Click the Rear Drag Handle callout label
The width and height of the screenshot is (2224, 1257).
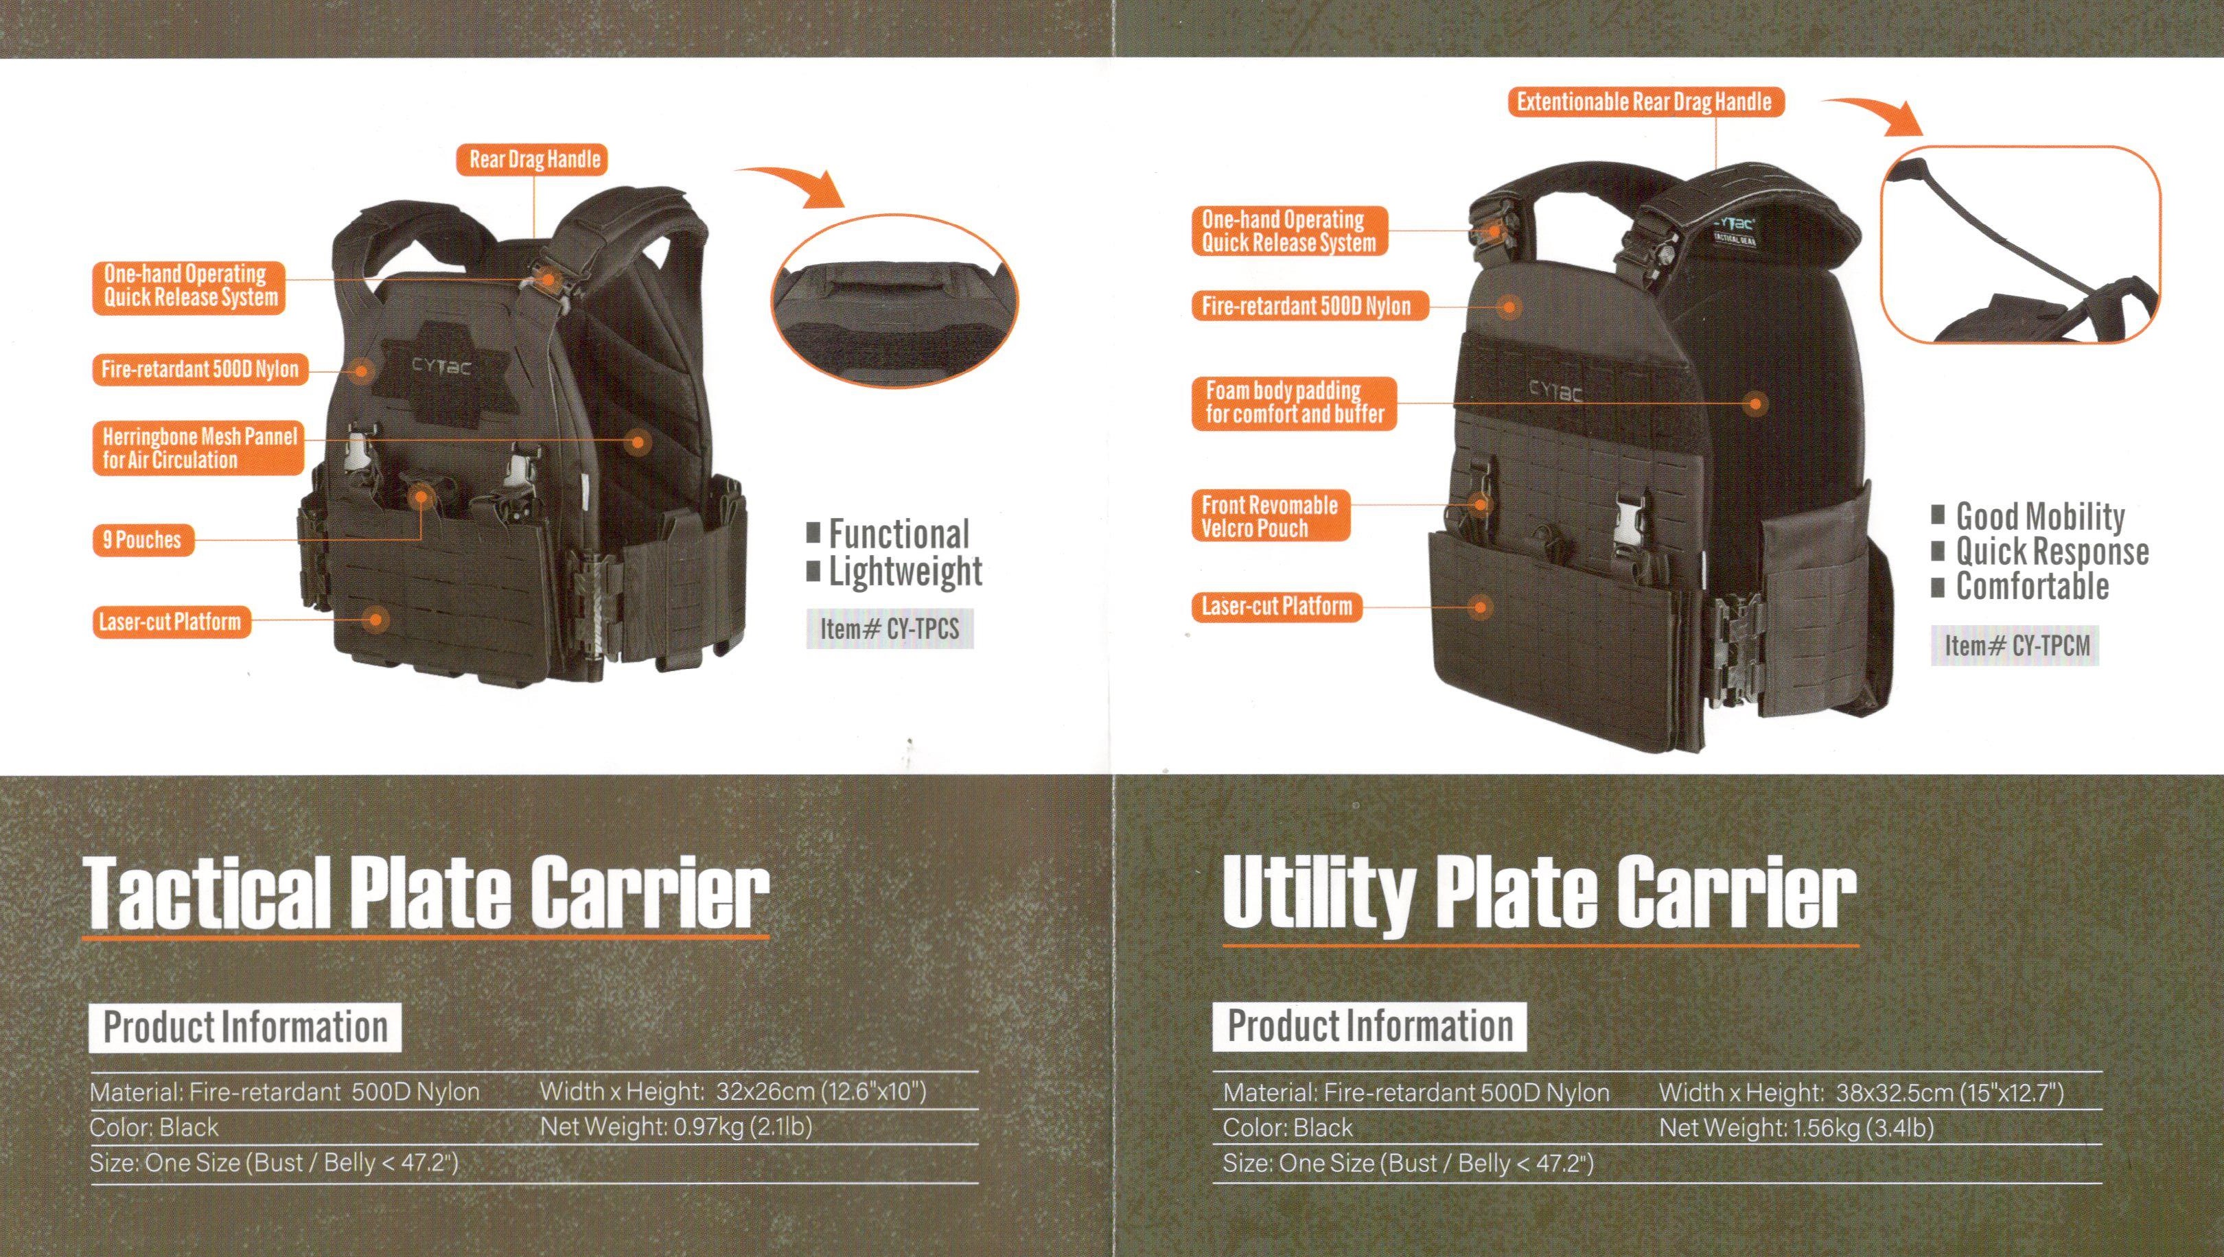click(535, 160)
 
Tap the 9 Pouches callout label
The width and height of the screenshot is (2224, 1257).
click(143, 541)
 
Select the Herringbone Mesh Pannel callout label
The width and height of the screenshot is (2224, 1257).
click(198, 448)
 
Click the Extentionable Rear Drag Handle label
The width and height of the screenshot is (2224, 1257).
click(1645, 102)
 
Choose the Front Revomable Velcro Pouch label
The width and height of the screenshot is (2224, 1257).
click(1271, 516)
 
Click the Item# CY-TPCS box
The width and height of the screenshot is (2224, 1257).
click(890, 628)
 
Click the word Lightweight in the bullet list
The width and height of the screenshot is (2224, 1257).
click(905, 572)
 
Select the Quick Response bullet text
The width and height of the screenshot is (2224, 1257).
click(2052, 551)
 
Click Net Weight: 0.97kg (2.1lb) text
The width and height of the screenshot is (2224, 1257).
click(676, 1127)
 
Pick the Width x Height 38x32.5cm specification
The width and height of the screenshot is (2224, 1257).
click(1862, 1092)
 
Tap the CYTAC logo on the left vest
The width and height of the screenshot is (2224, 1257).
click(441, 367)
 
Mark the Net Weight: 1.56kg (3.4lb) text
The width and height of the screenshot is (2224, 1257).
click(1796, 1127)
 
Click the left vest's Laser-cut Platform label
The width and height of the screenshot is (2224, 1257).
click(170, 622)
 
